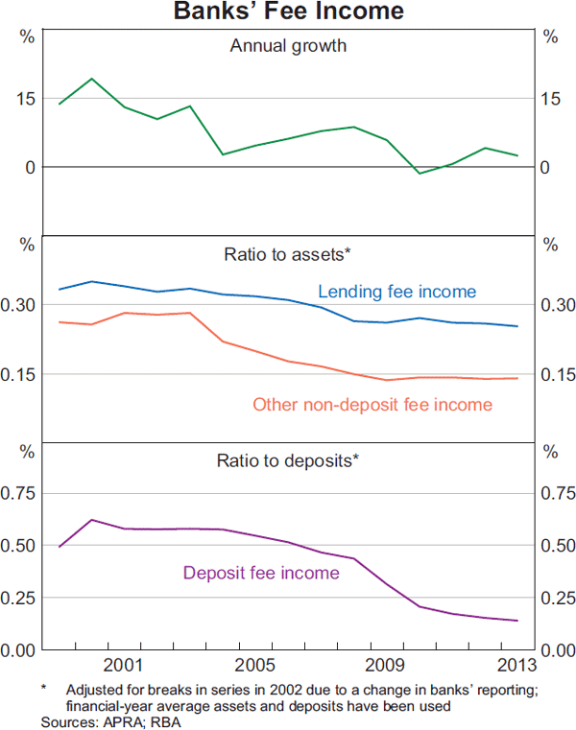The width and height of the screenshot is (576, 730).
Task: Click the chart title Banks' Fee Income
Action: [288, 12]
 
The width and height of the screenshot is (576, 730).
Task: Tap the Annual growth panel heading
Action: [288, 45]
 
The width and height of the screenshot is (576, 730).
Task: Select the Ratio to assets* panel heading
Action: [288, 254]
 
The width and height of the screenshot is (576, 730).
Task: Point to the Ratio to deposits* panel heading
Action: [288, 459]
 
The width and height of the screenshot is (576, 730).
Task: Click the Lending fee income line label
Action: [396, 292]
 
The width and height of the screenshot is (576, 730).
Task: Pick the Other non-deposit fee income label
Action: [372, 405]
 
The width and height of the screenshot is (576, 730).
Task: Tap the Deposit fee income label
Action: [261, 574]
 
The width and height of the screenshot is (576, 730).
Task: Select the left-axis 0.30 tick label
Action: [22, 305]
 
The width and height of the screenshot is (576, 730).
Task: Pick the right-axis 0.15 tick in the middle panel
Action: [554, 374]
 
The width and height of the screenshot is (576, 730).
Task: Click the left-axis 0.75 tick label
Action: [22, 493]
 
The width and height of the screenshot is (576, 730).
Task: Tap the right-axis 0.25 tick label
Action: [554, 598]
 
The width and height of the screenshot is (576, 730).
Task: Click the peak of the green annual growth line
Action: [91, 79]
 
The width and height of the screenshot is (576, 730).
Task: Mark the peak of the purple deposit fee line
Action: [91, 520]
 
